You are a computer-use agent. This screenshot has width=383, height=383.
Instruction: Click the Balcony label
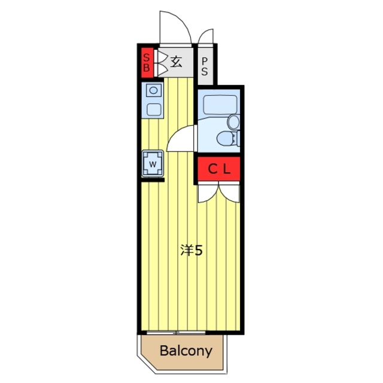tap(186, 351)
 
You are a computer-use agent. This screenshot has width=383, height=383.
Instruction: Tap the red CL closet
tap(219, 169)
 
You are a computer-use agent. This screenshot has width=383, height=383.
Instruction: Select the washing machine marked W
tap(153, 163)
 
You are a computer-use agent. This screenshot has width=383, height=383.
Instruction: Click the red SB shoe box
tap(147, 62)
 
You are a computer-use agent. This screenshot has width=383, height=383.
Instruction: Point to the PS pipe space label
tap(205, 66)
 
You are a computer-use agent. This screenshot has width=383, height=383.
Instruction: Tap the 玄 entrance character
tap(176, 62)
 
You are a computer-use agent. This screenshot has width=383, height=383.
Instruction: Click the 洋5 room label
tap(191, 250)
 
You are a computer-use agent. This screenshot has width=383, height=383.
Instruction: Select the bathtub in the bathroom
tap(220, 105)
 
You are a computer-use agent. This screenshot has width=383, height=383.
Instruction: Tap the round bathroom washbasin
tap(233, 122)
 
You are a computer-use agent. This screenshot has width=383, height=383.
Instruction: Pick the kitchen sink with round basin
tap(154, 90)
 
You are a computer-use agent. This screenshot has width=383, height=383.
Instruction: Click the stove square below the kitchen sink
tap(154, 110)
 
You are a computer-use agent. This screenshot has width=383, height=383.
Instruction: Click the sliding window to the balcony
tap(177, 333)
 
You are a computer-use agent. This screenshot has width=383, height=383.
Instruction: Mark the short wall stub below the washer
tap(153, 180)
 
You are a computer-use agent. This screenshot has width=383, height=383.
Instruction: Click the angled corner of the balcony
tap(146, 364)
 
